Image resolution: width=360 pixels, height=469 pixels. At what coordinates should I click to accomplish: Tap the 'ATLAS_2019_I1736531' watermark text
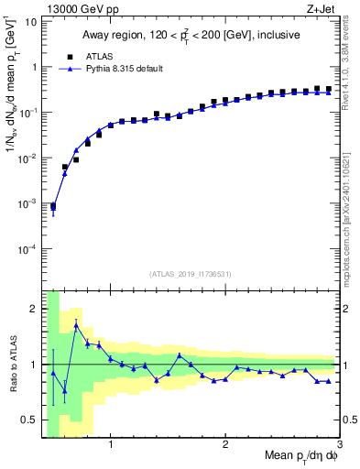click(x=191, y=274)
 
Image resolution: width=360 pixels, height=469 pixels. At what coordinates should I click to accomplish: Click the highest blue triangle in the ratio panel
click(x=76, y=325)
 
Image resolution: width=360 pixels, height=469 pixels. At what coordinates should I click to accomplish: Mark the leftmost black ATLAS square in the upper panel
click(x=53, y=206)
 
